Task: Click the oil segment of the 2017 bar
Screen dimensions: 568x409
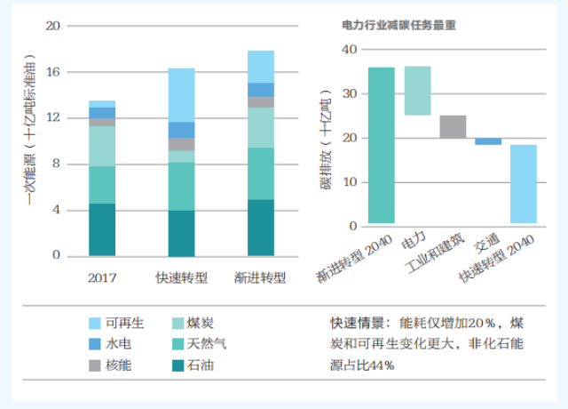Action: click(x=102, y=229)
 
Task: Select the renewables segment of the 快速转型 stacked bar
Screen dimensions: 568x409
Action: click(x=181, y=95)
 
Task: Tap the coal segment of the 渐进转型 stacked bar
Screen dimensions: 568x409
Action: click(x=261, y=127)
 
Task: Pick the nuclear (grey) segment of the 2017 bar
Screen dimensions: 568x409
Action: click(x=102, y=122)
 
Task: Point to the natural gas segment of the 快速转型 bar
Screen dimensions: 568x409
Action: click(x=181, y=187)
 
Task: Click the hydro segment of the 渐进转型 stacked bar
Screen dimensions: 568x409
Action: click(x=261, y=90)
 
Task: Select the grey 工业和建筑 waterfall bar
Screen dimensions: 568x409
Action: click(x=453, y=126)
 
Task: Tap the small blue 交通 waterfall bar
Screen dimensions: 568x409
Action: click(x=488, y=141)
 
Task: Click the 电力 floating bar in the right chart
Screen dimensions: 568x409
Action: click(x=418, y=91)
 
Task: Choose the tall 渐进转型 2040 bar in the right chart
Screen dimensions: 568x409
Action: click(x=382, y=145)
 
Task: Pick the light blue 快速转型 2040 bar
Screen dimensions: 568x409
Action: click(x=524, y=184)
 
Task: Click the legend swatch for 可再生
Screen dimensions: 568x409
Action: click(x=95, y=323)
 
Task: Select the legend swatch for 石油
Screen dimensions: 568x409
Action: click(x=178, y=365)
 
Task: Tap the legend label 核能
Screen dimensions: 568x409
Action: click(x=118, y=365)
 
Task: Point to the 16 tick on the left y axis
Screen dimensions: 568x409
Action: click(x=53, y=72)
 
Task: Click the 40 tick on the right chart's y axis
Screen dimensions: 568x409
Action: click(x=350, y=50)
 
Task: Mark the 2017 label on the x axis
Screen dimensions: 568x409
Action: click(x=102, y=278)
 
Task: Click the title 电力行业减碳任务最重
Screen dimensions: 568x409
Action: click(x=398, y=26)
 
